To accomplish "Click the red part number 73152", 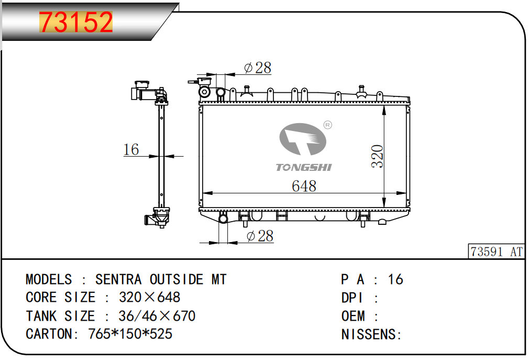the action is coord(76,22).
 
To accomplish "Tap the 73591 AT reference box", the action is coord(497,252).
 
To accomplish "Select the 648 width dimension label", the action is coord(304,186).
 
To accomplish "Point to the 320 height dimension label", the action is coord(377,157).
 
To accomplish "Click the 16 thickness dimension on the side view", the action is coord(131,149).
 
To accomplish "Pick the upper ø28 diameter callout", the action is coord(258,68).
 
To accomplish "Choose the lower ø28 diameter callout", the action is coord(260,236).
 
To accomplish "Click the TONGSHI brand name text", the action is coord(304,167).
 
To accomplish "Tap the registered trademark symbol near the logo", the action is coord(327,125).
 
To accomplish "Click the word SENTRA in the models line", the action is coord(118,279).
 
